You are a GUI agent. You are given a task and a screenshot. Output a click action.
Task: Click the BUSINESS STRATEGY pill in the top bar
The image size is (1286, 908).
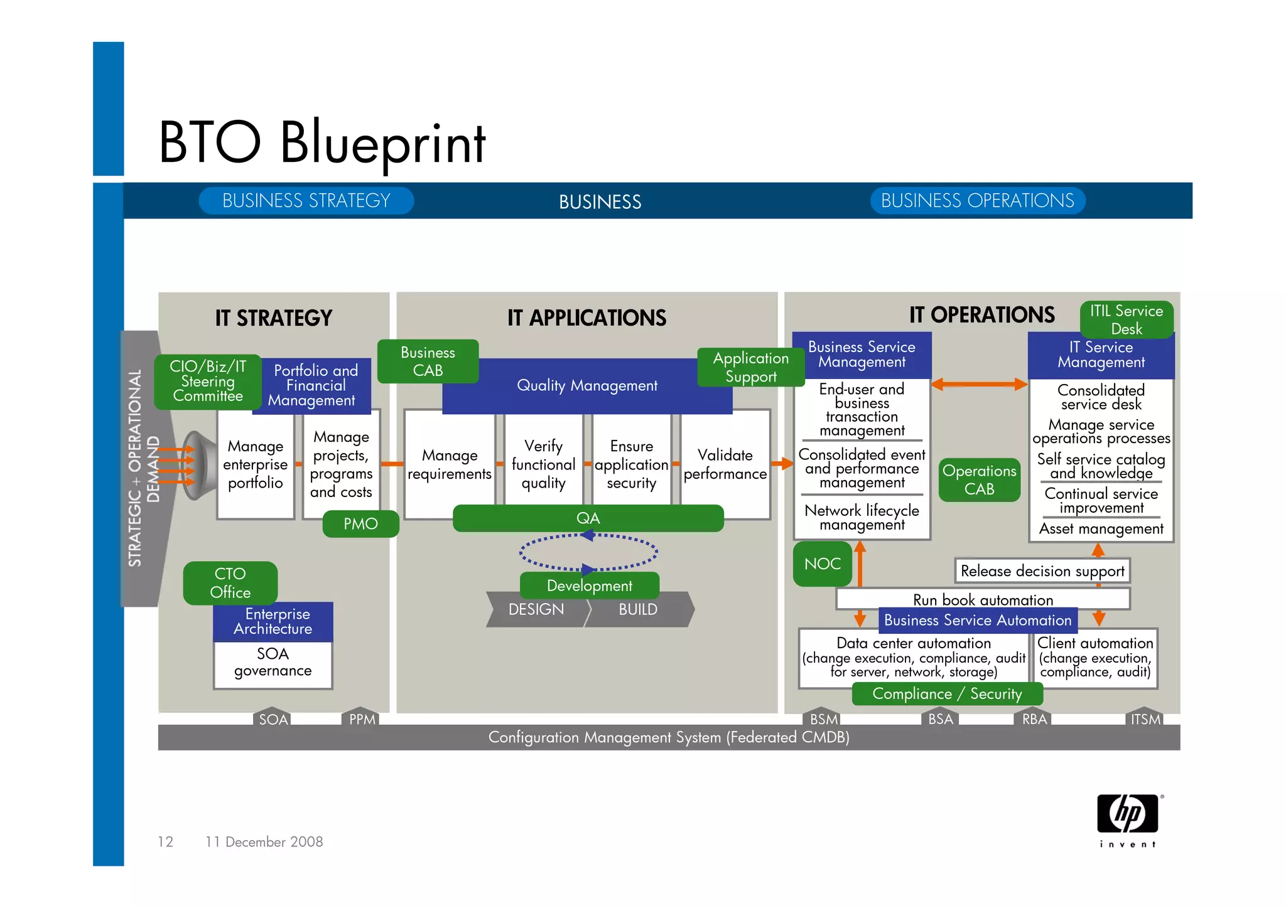click(306, 201)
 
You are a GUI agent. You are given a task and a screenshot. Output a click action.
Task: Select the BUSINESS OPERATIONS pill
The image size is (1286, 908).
click(977, 201)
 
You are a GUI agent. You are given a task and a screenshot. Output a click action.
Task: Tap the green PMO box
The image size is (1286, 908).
click(360, 524)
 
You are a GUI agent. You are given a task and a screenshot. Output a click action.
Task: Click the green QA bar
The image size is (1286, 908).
click(588, 518)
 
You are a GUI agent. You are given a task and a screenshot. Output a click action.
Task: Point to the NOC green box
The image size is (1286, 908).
click(823, 563)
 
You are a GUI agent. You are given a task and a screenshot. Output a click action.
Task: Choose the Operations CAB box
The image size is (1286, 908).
click(979, 480)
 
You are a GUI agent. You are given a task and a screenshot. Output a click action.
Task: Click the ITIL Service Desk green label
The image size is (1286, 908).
click(1127, 319)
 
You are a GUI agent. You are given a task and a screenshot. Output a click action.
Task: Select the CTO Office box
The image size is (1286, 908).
click(230, 583)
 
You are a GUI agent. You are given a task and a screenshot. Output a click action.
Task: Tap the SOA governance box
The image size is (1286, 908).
click(273, 664)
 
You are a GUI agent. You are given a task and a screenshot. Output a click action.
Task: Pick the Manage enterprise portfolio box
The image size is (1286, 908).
click(255, 465)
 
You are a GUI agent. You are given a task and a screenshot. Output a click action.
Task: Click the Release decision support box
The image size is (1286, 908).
click(1042, 571)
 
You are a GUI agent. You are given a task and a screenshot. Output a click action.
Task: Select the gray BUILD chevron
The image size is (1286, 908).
click(639, 609)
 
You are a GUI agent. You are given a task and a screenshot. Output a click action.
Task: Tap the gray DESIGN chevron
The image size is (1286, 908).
click(536, 609)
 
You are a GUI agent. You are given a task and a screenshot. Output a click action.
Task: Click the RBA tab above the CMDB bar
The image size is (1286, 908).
click(1034, 718)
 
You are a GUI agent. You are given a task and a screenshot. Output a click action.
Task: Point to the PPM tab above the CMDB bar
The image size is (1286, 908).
click(362, 719)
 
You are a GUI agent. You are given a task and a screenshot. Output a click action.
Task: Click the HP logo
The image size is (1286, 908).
click(1128, 814)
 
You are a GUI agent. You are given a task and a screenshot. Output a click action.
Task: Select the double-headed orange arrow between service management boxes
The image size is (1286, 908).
click(979, 384)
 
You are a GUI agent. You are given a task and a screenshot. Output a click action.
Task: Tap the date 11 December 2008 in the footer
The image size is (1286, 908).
click(264, 841)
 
